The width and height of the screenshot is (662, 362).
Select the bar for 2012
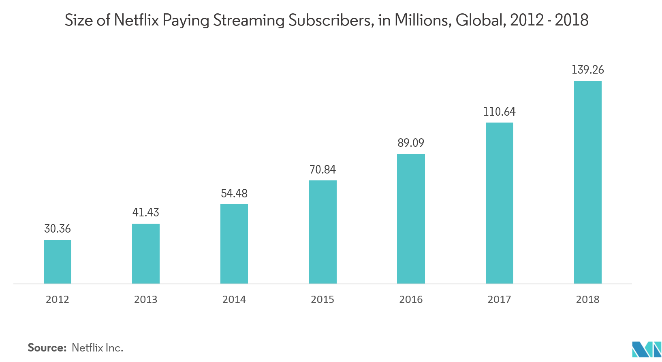tap(58, 262)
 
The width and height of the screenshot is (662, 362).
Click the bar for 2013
tap(146, 254)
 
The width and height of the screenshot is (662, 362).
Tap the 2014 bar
tap(234, 244)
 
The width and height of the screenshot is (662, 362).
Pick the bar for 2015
tap(322, 232)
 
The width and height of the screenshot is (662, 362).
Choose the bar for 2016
tap(411, 219)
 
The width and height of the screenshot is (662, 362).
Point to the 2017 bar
tap(499, 203)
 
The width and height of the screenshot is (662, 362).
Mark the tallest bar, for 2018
tap(587, 182)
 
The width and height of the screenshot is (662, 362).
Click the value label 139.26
tap(587, 70)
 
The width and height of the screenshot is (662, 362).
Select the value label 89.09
tap(411, 143)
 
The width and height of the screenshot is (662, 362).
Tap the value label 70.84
tap(322, 169)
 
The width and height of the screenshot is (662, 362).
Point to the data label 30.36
tap(58, 229)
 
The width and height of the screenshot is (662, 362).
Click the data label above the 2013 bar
tap(146, 212)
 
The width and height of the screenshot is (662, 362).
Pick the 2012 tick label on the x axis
tap(58, 299)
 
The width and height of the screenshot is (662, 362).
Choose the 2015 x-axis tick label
tap(322, 299)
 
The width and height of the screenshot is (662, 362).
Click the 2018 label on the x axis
tap(587, 299)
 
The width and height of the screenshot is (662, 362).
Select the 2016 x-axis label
tap(411, 299)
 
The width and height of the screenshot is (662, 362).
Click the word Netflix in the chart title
tap(137, 20)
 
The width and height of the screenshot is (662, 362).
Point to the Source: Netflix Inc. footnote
tap(75, 347)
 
